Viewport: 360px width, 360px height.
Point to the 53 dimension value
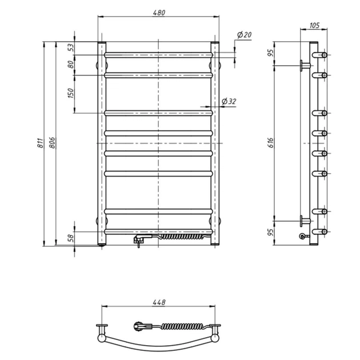tap(71, 48)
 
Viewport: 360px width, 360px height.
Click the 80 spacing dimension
tap(71, 65)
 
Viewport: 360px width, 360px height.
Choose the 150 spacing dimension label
tap(71, 93)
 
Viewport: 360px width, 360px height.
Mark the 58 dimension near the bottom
tap(71, 238)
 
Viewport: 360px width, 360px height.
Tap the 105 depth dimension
tap(314, 26)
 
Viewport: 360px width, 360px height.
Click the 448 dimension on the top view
tap(159, 302)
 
